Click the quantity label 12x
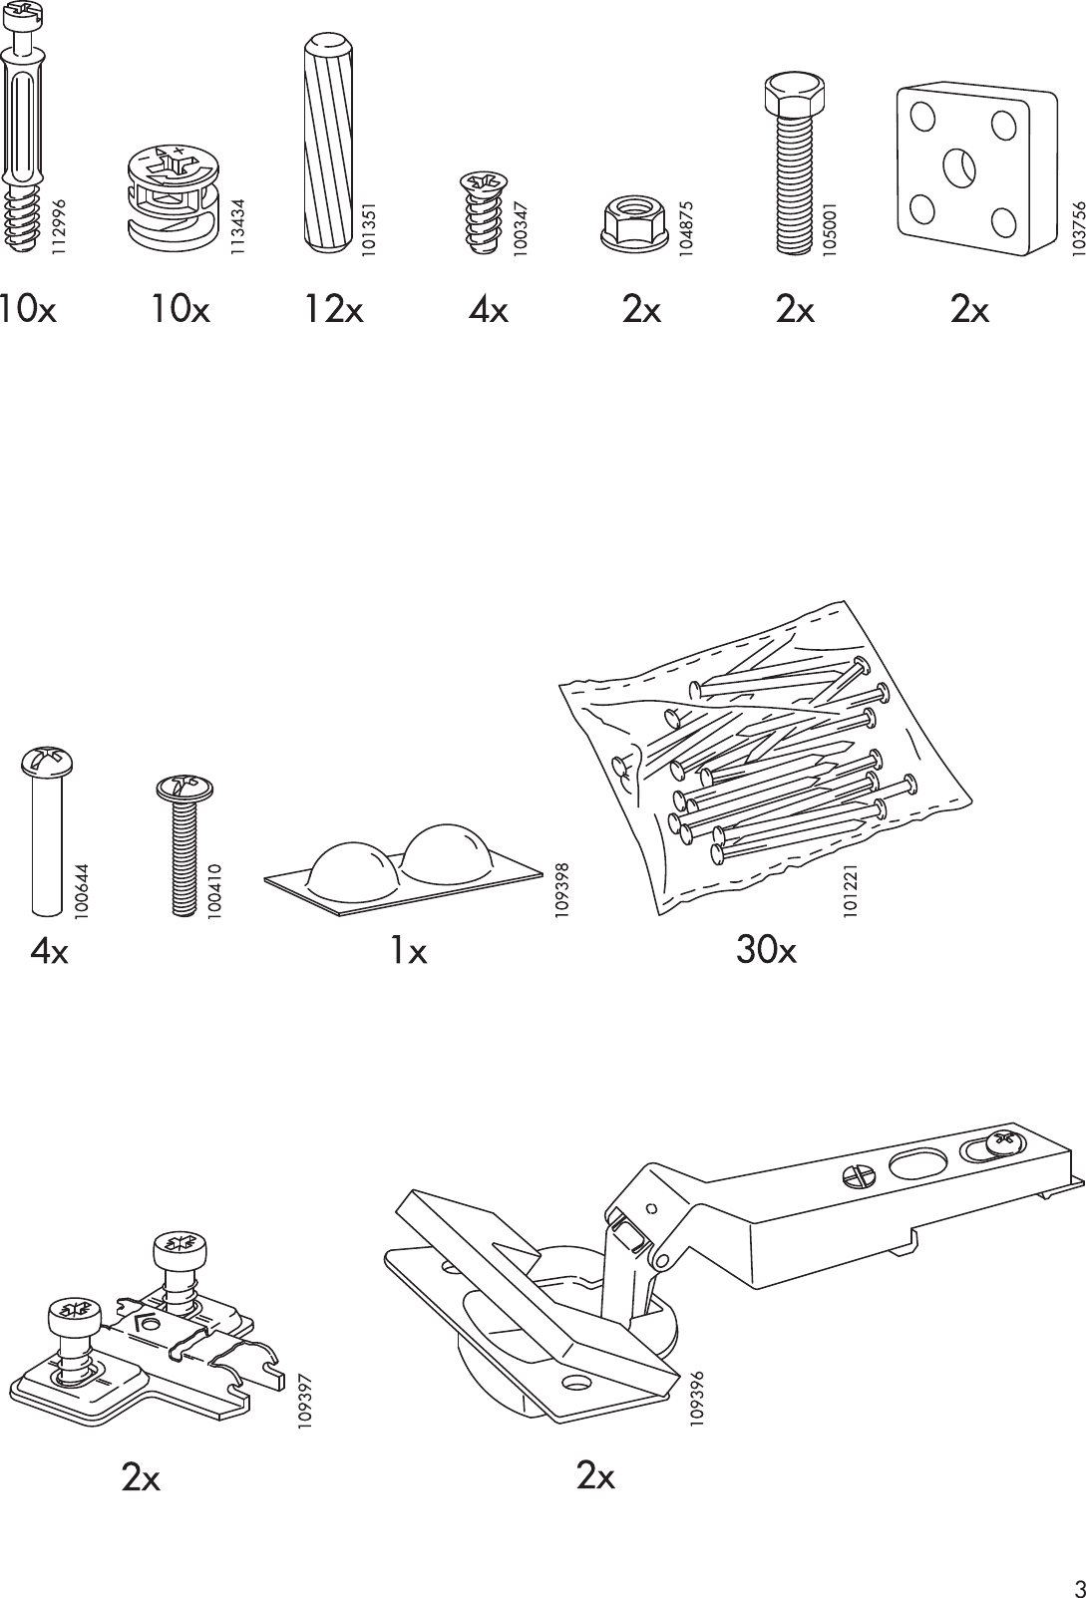tap(334, 311)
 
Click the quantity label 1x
tap(408, 953)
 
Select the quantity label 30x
tap(766, 952)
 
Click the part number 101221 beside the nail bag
tap(850, 891)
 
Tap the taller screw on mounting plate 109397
tap(181, 1248)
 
